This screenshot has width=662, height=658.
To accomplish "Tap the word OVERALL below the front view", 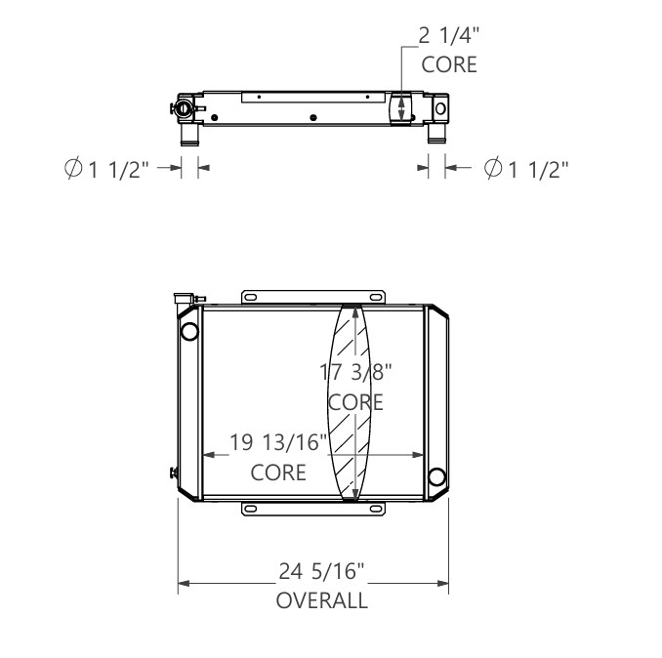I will pos(321,600).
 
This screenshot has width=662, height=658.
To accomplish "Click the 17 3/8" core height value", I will pos(356,372).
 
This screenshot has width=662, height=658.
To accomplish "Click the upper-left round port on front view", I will pos(189,330).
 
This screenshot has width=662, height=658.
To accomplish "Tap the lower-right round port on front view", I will pos(437,476).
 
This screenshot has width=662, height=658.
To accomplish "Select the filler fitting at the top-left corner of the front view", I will pos(184,298).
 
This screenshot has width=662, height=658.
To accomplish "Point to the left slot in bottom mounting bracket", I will pos(251,510).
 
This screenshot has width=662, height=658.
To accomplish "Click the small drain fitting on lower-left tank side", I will pos(173,474).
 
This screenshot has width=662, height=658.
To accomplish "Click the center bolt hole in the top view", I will pos(312,118).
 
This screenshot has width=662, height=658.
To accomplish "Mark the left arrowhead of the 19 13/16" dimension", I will pos(207,455).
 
